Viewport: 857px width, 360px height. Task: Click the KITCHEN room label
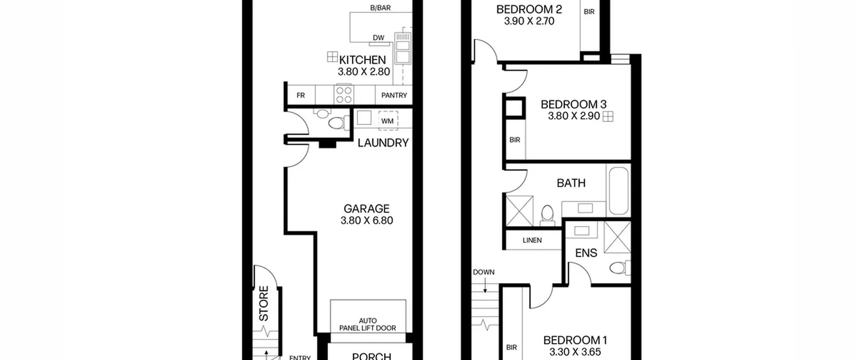click(362, 60)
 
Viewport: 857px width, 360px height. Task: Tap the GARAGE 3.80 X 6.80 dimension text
click(367, 220)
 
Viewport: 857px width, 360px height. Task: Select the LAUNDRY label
click(383, 143)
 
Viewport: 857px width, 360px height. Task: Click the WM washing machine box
click(388, 121)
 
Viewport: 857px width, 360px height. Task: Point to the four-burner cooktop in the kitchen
click(344, 95)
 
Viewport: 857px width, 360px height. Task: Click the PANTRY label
click(394, 95)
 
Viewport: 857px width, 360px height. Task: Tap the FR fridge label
click(301, 95)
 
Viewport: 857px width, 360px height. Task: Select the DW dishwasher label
click(379, 38)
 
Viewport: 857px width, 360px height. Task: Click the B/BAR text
click(380, 8)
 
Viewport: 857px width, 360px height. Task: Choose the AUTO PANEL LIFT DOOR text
click(368, 325)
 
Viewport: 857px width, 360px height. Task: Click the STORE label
click(264, 303)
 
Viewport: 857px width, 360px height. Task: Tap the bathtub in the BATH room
click(618, 191)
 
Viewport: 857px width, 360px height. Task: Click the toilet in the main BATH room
click(547, 216)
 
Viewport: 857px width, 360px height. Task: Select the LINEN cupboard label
click(532, 240)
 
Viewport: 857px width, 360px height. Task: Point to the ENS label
click(586, 253)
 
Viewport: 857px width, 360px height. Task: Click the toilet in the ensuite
click(620, 268)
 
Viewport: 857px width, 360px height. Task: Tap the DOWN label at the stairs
click(484, 272)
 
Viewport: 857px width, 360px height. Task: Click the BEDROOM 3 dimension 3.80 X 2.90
click(574, 116)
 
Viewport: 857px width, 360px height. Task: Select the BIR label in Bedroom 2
click(589, 12)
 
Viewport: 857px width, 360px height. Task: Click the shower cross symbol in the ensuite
click(617, 237)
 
